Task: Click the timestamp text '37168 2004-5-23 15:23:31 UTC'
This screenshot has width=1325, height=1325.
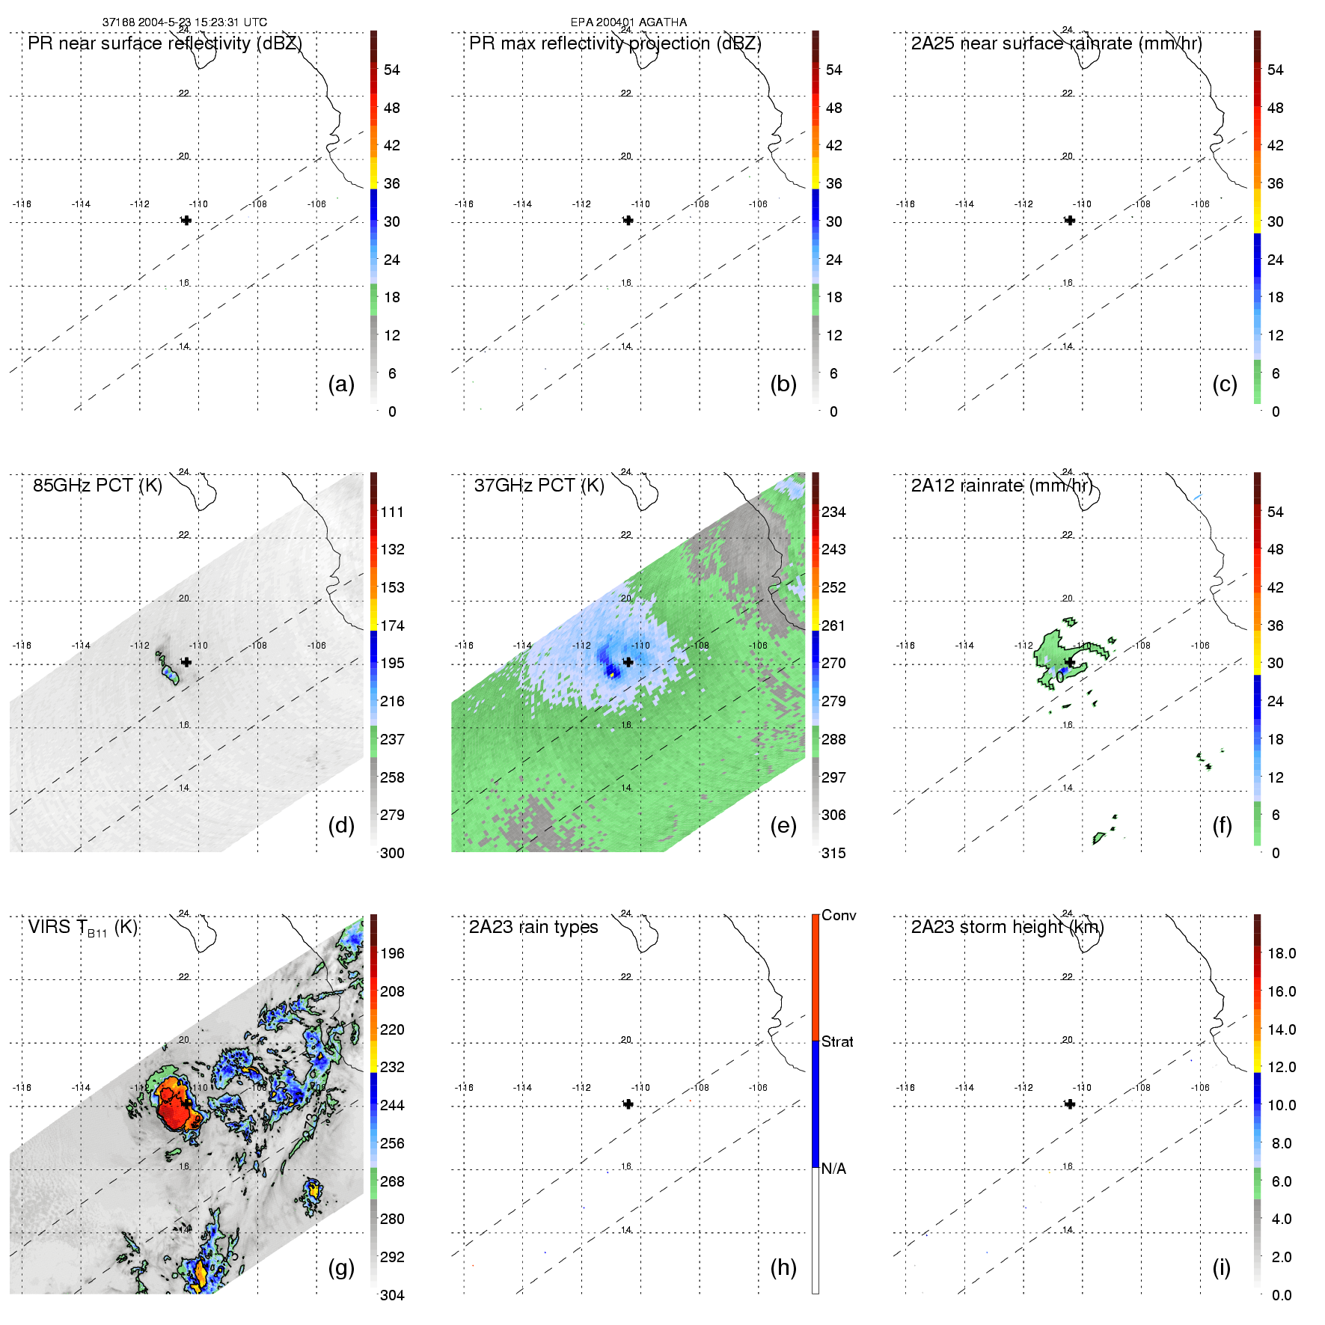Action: pos(184,22)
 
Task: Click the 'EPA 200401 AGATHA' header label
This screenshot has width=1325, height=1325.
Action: pos(628,22)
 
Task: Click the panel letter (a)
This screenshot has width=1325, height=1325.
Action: pos(341,384)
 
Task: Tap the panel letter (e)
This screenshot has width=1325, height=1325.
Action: pos(783,825)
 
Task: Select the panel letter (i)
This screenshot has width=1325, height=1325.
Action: pos(1221,1267)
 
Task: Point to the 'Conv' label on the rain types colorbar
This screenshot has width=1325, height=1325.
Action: pos(839,915)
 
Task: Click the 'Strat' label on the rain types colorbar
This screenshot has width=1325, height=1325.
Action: pos(837,1041)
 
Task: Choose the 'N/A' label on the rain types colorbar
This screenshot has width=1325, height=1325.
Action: pos(833,1169)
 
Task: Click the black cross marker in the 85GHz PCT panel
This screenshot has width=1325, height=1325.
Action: pos(186,662)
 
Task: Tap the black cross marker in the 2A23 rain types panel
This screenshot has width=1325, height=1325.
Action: pos(628,1104)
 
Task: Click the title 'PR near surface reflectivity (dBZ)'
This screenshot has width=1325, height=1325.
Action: pos(165,43)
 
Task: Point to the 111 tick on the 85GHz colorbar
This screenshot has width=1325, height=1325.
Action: pos(392,512)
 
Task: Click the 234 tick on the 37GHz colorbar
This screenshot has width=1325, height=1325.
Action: pos(833,512)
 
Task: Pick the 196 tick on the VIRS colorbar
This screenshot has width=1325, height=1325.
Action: pos(392,953)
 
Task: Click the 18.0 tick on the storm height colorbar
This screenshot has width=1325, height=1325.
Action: pos(1282,953)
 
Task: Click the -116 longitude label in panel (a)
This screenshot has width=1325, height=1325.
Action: pos(22,204)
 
